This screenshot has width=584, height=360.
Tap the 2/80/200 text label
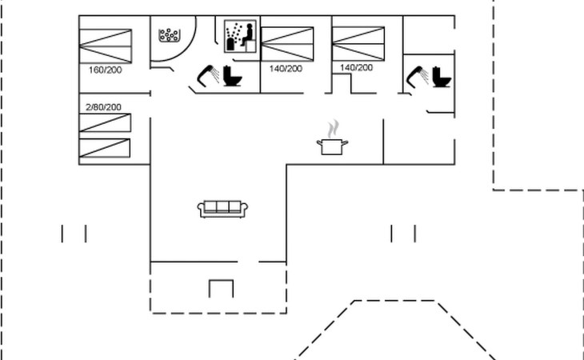pyautogui.click(x=103, y=106)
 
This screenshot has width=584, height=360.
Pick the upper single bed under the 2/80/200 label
pyautogui.click(x=105, y=123)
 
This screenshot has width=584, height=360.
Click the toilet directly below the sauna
pyautogui.click(x=233, y=78)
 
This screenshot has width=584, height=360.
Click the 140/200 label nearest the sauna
pyautogui.click(x=286, y=69)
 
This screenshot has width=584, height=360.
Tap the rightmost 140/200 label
pyautogui.click(x=356, y=68)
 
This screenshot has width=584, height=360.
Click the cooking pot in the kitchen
pyautogui.click(x=332, y=146)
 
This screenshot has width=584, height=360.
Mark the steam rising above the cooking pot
pyautogui.click(x=333, y=128)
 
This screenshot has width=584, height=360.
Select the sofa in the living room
pyautogui.click(x=224, y=209)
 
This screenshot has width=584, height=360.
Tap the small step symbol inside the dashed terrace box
pyautogui.click(x=221, y=287)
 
